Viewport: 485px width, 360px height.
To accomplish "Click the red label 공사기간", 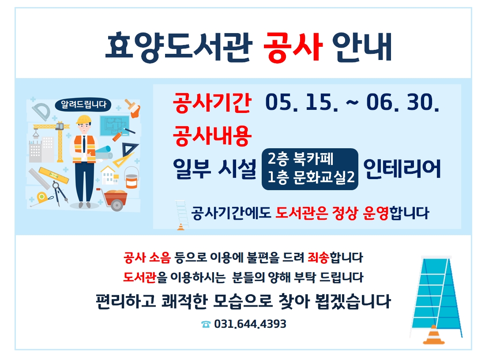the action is click(212, 102).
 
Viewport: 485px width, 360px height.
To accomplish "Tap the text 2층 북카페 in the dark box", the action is click(301, 159).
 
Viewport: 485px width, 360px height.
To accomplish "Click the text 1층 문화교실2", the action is click(311, 177).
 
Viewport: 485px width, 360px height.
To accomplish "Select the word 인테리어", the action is click(402, 169).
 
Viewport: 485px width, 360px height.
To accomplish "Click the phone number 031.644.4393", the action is click(250, 324).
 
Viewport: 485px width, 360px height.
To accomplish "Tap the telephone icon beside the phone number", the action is click(206, 324).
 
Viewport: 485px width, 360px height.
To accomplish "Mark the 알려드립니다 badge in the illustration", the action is click(83, 105).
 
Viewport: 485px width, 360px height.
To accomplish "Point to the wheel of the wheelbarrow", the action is click(117, 205).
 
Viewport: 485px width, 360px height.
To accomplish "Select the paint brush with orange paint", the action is click(133, 108).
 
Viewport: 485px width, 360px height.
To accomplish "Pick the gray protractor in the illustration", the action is click(41, 111).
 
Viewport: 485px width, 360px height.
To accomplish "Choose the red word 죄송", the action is click(318, 257).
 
